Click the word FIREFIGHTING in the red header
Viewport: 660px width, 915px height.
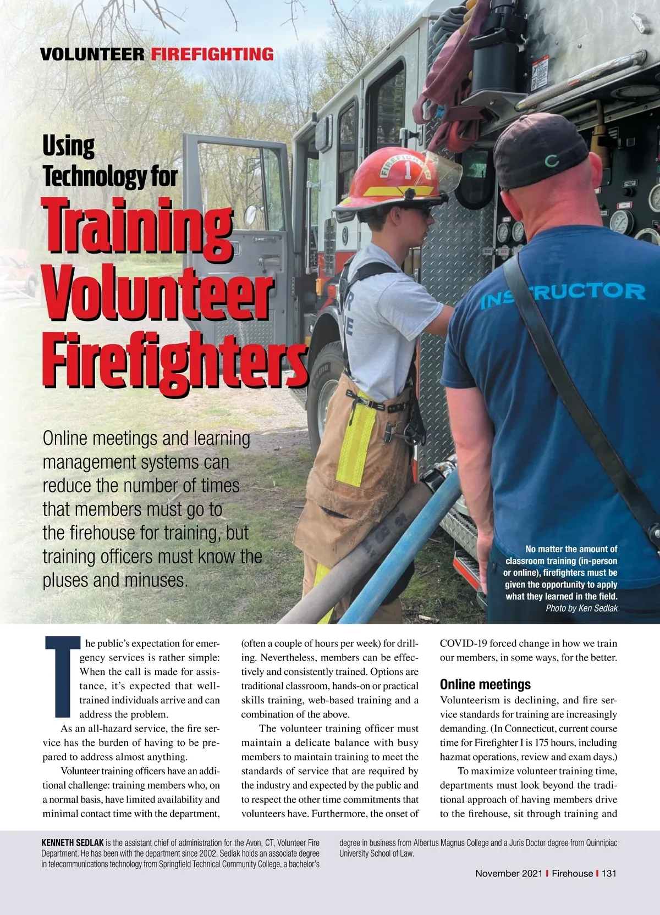click(212, 54)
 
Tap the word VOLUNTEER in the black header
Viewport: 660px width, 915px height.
click(92, 54)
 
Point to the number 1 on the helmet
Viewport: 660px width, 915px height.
click(408, 170)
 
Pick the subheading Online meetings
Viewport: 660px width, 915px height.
click(485, 684)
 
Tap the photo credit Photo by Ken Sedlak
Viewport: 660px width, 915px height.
click(581, 608)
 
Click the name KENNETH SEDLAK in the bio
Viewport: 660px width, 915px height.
click(72, 842)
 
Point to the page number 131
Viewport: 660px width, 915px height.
click(609, 873)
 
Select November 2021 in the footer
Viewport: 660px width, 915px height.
click(509, 873)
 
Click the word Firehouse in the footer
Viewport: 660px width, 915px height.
click(572, 873)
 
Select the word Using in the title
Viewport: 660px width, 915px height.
click(69, 147)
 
